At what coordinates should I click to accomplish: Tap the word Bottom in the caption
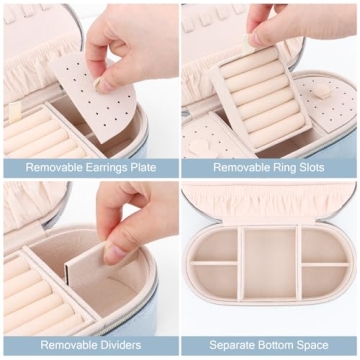point(282,345)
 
